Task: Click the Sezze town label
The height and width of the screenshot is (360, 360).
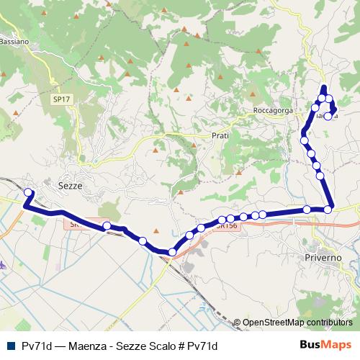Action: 70,185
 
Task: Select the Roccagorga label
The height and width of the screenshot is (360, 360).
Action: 271,111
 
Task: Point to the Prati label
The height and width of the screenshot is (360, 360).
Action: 220,135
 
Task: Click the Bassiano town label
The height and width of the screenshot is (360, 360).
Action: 14,42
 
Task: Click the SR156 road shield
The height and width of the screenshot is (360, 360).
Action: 226,225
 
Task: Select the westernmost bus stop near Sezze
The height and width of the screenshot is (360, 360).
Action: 29,192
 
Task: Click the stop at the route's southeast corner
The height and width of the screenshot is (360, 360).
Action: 328,210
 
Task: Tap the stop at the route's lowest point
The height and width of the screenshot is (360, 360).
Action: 171,252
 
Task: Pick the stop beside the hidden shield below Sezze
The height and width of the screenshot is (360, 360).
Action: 107,226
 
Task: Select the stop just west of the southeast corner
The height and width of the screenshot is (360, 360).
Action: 307,210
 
